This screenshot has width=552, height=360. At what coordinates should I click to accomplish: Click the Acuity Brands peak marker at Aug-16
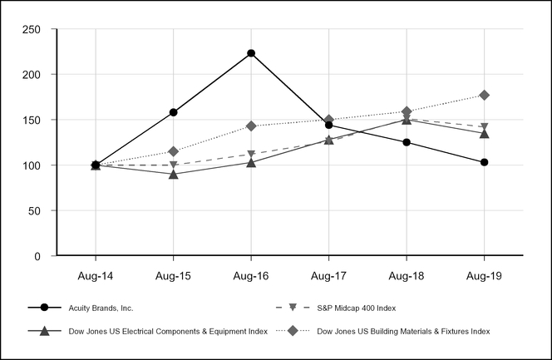coord(251,53)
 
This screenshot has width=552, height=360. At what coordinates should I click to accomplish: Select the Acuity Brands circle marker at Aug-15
coord(173,112)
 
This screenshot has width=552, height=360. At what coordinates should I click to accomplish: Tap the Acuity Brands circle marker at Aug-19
coord(484,162)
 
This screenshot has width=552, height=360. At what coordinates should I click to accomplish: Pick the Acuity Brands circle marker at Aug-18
coord(407,142)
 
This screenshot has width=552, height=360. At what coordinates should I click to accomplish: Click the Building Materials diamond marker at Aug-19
coord(484,95)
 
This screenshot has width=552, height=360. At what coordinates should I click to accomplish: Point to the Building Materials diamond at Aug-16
coord(251,126)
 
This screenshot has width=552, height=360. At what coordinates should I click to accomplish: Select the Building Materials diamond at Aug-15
coord(173,151)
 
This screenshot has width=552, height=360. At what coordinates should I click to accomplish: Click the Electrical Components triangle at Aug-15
coord(173,174)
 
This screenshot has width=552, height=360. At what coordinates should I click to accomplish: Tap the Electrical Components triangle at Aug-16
coord(251,162)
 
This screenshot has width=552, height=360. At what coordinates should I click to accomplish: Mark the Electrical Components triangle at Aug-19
coord(484,133)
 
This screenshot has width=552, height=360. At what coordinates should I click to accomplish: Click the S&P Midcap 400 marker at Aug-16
coord(251,155)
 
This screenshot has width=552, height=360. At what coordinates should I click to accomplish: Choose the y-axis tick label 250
coord(32,29)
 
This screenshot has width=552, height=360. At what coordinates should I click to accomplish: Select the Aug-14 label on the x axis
coord(96,275)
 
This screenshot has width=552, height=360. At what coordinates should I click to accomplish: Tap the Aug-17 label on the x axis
coord(328,275)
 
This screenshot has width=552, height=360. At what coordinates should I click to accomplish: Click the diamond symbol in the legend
coord(292,331)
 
